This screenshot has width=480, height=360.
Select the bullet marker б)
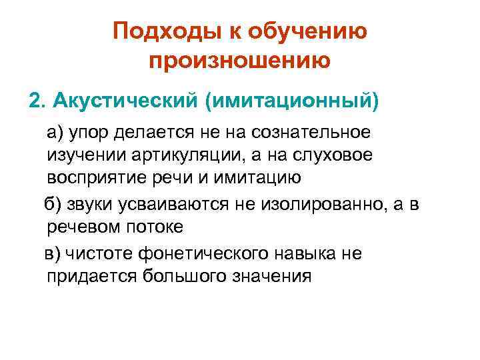54,204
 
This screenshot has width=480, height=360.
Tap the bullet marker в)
53,253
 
